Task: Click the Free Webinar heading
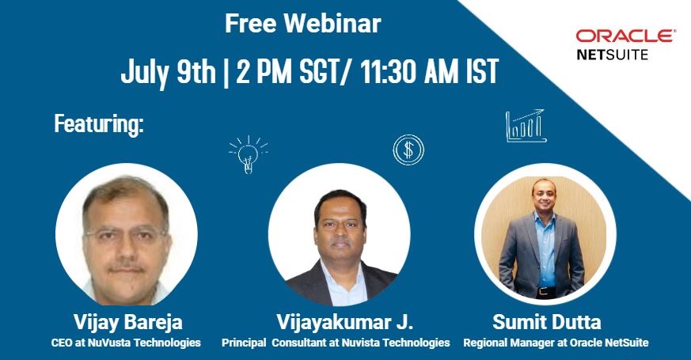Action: (x=302, y=24)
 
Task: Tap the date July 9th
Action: (x=168, y=73)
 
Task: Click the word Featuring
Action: (x=98, y=123)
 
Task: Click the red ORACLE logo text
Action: (x=625, y=36)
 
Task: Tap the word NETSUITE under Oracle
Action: (x=611, y=55)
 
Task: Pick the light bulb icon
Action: (x=248, y=152)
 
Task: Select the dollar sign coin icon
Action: (x=408, y=149)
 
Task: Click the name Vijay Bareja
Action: (x=127, y=322)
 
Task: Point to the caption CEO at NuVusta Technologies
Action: (x=127, y=343)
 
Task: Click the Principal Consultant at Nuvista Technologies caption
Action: (x=336, y=343)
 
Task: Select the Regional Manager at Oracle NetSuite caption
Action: (x=556, y=343)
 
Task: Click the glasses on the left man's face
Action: (x=127, y=234)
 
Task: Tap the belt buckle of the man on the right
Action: (x=545, y=291)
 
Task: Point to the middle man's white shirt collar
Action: (x=342, y=269)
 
